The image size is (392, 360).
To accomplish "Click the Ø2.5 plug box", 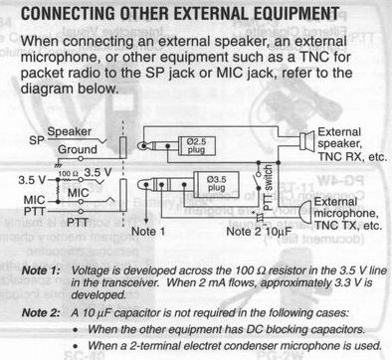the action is [196, 146].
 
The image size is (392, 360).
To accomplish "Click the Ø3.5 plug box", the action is [216, 184].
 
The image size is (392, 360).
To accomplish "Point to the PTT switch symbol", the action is [256, 182].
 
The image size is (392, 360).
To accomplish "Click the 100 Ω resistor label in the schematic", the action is [68, 173].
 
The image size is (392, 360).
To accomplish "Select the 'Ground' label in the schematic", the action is [78, 149].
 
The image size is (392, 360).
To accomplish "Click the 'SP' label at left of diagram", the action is [37, 140].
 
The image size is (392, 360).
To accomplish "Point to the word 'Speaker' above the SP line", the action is [69, 131].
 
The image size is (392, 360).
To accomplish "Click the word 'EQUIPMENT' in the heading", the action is [296, 14].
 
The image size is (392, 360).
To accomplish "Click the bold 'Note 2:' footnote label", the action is [41, 312].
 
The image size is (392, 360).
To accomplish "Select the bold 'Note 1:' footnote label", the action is [41, 270].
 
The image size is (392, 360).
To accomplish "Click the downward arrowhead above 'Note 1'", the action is [146, 221].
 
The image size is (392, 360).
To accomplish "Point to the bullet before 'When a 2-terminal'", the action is [76, 346].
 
